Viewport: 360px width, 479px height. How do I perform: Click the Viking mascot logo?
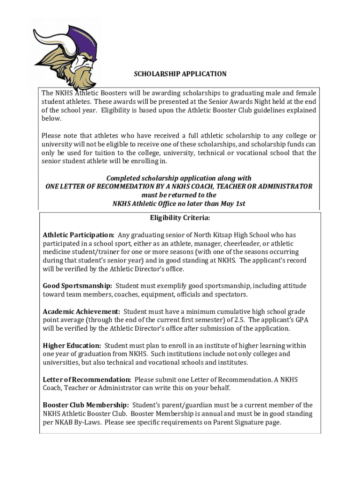[65, 54]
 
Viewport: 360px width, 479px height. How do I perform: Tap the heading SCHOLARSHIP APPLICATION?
[180, 74]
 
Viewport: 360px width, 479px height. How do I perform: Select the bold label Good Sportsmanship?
[77, 286]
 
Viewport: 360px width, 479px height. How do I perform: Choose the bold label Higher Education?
[72, 346]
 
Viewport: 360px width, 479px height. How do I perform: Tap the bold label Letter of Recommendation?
[86, 379]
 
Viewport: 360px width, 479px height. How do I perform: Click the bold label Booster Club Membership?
[86, 405]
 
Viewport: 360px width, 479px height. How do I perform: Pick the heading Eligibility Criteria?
[180, 218]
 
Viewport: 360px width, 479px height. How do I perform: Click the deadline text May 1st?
[233, 203]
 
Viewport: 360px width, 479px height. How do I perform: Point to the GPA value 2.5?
[239, 320]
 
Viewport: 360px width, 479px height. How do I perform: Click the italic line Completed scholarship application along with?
[179, 178]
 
